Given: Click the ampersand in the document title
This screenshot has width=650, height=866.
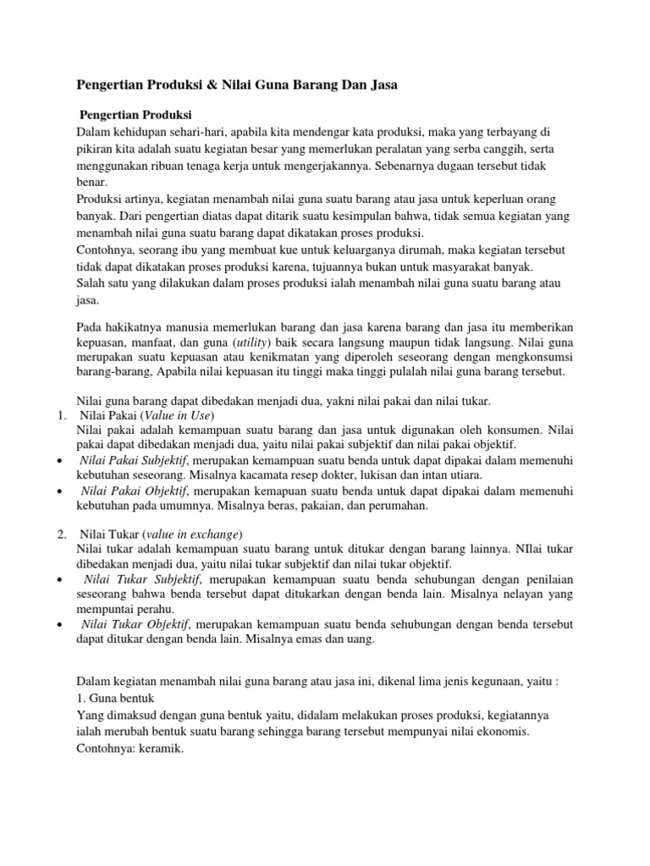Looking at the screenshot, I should (x=208, y=85).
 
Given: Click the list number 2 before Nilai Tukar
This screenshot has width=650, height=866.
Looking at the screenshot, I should (x=62, y=534).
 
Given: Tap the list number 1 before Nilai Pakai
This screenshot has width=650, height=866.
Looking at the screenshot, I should (x=62, y=416).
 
